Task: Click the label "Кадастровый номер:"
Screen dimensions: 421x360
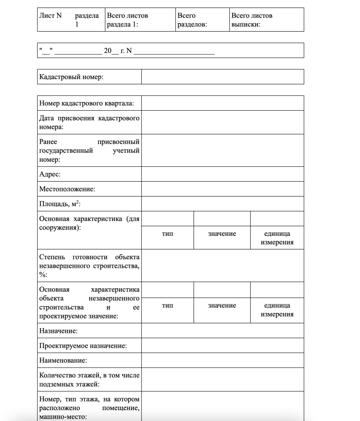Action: coord(71,77)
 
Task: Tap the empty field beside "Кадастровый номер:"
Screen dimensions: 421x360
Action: coord(222,77)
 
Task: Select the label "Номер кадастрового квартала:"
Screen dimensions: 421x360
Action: coord(86,103)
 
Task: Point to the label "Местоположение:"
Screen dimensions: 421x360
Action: coord(67,189)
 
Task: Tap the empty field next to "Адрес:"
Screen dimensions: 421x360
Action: coord(222,174)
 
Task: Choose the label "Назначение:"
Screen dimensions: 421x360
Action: coord(58,331)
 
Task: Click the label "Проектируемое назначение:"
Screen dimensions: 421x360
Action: coord(83,346)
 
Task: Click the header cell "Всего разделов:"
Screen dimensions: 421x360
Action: coord(192,19)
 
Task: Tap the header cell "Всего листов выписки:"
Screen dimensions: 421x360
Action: coord(252,19)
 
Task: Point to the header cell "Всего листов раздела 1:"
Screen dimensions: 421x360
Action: coord(127,19)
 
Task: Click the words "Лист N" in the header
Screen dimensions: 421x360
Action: coord(48,16)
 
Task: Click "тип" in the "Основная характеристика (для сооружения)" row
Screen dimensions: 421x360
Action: coord(168,234)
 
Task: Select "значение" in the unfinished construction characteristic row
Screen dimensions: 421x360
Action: coord(222,306)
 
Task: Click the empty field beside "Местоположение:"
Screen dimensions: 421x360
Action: coord(222,189)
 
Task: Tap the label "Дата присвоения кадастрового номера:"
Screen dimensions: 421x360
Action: coord(90,122)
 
